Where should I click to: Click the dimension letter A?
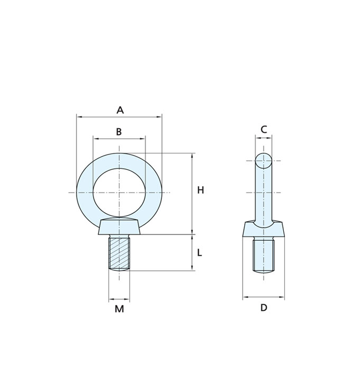(x=120, y=110)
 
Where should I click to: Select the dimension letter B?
(x=119, y=132)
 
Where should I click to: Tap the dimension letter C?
(x=264, y=130)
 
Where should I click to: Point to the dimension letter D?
(x=264, y=307)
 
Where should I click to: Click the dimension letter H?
(x=200, y=190)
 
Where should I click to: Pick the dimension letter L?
(x=199, y=252)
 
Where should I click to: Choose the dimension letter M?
(x=119, y=309)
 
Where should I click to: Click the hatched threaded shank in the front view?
(x=119, y=252)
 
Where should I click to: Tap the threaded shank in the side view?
(x=264, y=255)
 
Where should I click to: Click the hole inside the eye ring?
(x=119, y=193)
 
